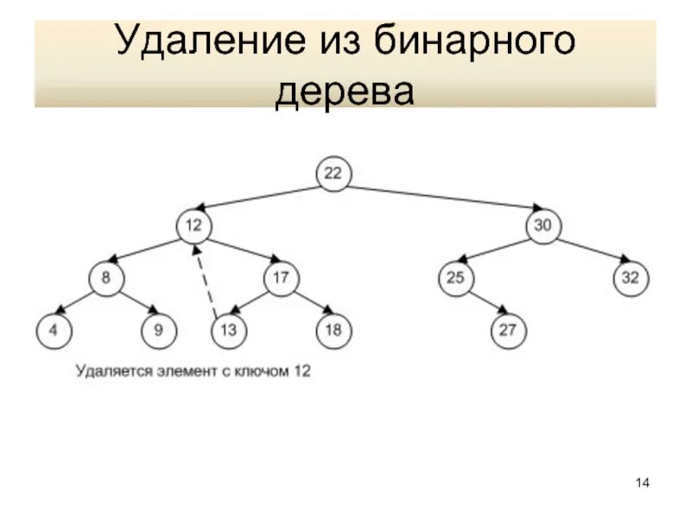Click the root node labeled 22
(x=333, y=174)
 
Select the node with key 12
(x=194, y=226)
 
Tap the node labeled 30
(x=542, y=226)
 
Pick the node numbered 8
(x=106, y=278)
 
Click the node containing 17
(x=282, y=278)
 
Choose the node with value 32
(x=631, y=278)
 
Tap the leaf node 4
(x=54, y=330)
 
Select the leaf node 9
(x=159, y=330)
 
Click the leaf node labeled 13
(x=229, y=330)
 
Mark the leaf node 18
(x=333, y=330)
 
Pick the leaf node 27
(x=507, y=330)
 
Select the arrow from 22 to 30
(x=441, y=196)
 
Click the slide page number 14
(x=643, y=482)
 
